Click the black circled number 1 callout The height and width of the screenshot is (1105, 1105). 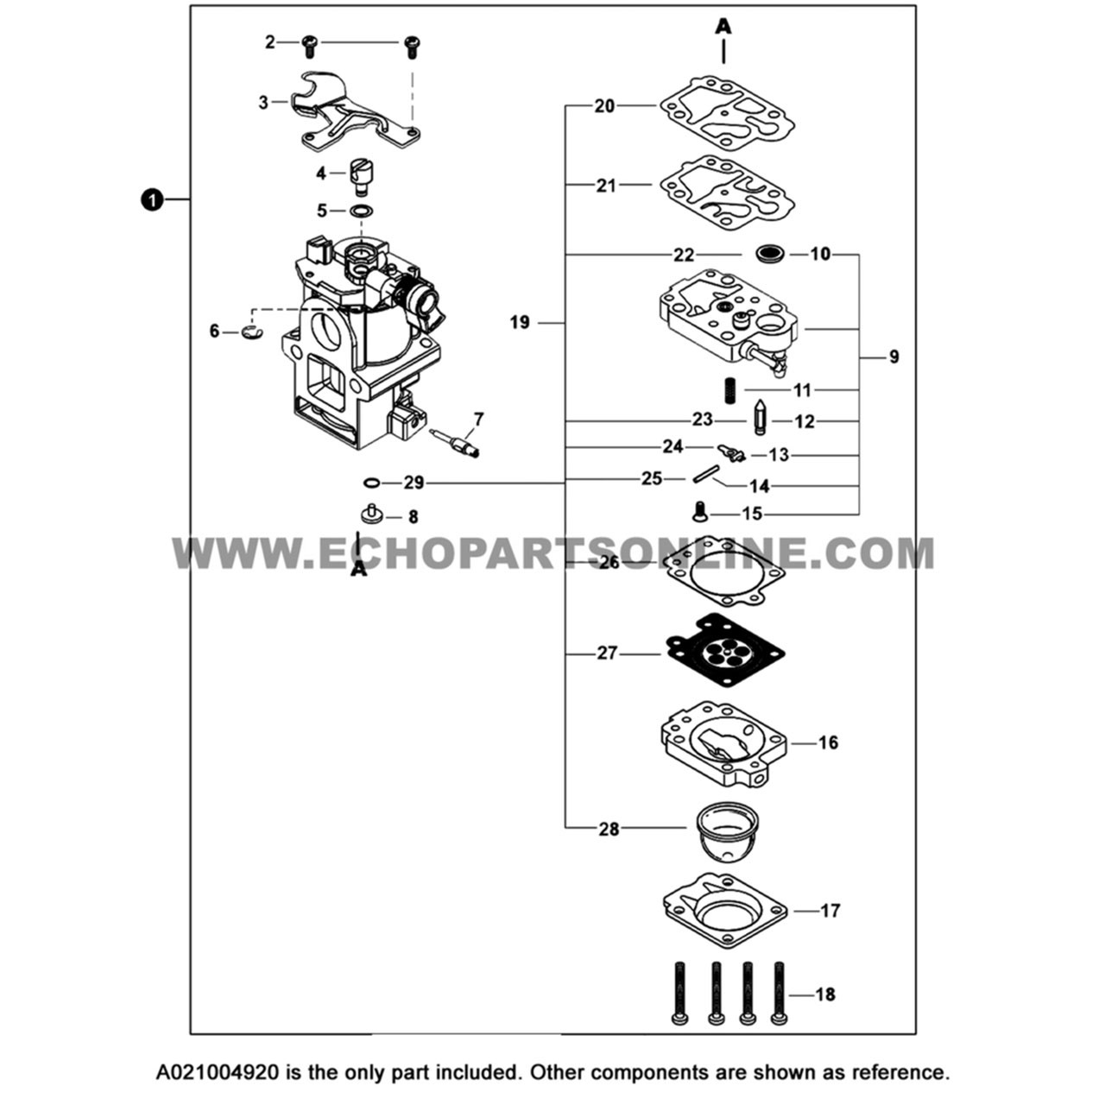151,200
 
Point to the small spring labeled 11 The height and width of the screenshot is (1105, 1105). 730,390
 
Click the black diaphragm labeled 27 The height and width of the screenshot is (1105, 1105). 726,650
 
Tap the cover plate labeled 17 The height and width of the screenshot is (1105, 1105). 724,912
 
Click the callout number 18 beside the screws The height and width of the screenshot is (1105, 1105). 824,994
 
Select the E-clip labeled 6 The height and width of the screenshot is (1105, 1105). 250,332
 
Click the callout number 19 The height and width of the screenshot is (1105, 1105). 520,323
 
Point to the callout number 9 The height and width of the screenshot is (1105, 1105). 893,356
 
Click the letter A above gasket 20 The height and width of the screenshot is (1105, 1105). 723,28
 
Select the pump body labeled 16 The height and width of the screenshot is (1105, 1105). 723,744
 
